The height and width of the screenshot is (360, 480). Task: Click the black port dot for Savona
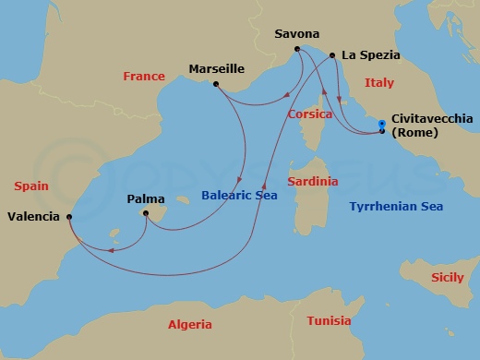pyautogui.click(x=297, y=49)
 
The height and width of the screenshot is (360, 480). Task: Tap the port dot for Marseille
pyautogui.click(x=215, y=85)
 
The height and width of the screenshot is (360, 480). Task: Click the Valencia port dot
pyautogui.click(x=69, y=217)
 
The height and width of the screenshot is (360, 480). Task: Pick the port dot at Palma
pyautogui.click(x=145, y=213)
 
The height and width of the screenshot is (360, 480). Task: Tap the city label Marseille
pyautogui.click(x=216, y=68)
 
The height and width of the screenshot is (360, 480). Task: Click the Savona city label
pyautogui.click(x=297, y=34)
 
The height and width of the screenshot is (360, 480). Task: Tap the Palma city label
pyautogui.click(x=146, y=198)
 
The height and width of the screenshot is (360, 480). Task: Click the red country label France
pyautogui.click(x=143, y=77)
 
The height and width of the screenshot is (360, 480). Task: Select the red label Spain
pyautogui.click(x=31, y=186)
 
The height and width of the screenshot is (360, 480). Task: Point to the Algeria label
pyautogui.click(x=189, y=324)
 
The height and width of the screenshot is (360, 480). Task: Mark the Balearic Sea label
pyautogui.click(x=239, y=195)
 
